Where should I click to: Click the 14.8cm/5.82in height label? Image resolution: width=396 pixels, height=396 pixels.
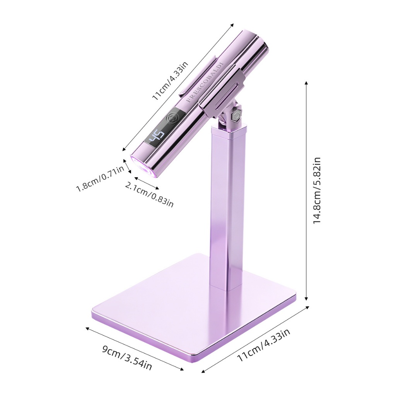coord(317,190)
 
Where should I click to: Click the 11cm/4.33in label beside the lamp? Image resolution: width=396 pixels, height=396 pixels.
coord(171,81)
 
